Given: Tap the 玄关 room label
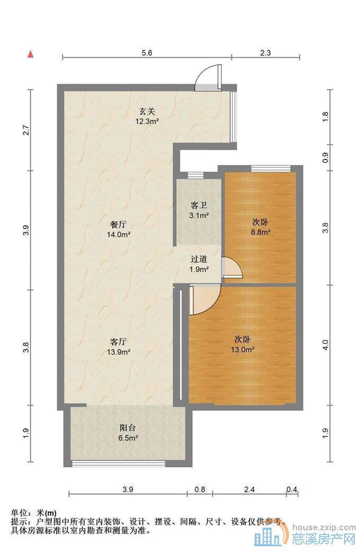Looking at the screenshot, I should [147, 116].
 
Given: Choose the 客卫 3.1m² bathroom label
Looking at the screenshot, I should [199, 210].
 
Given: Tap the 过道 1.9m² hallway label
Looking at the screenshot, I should [199, 264].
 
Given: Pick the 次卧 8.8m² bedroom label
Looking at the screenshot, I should [260, 226].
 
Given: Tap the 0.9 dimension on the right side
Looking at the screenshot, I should [326, 158].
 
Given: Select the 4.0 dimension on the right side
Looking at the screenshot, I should [326, 344].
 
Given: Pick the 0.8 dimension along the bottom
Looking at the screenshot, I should [200, 490].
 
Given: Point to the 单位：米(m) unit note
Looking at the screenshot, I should [33, 513].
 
